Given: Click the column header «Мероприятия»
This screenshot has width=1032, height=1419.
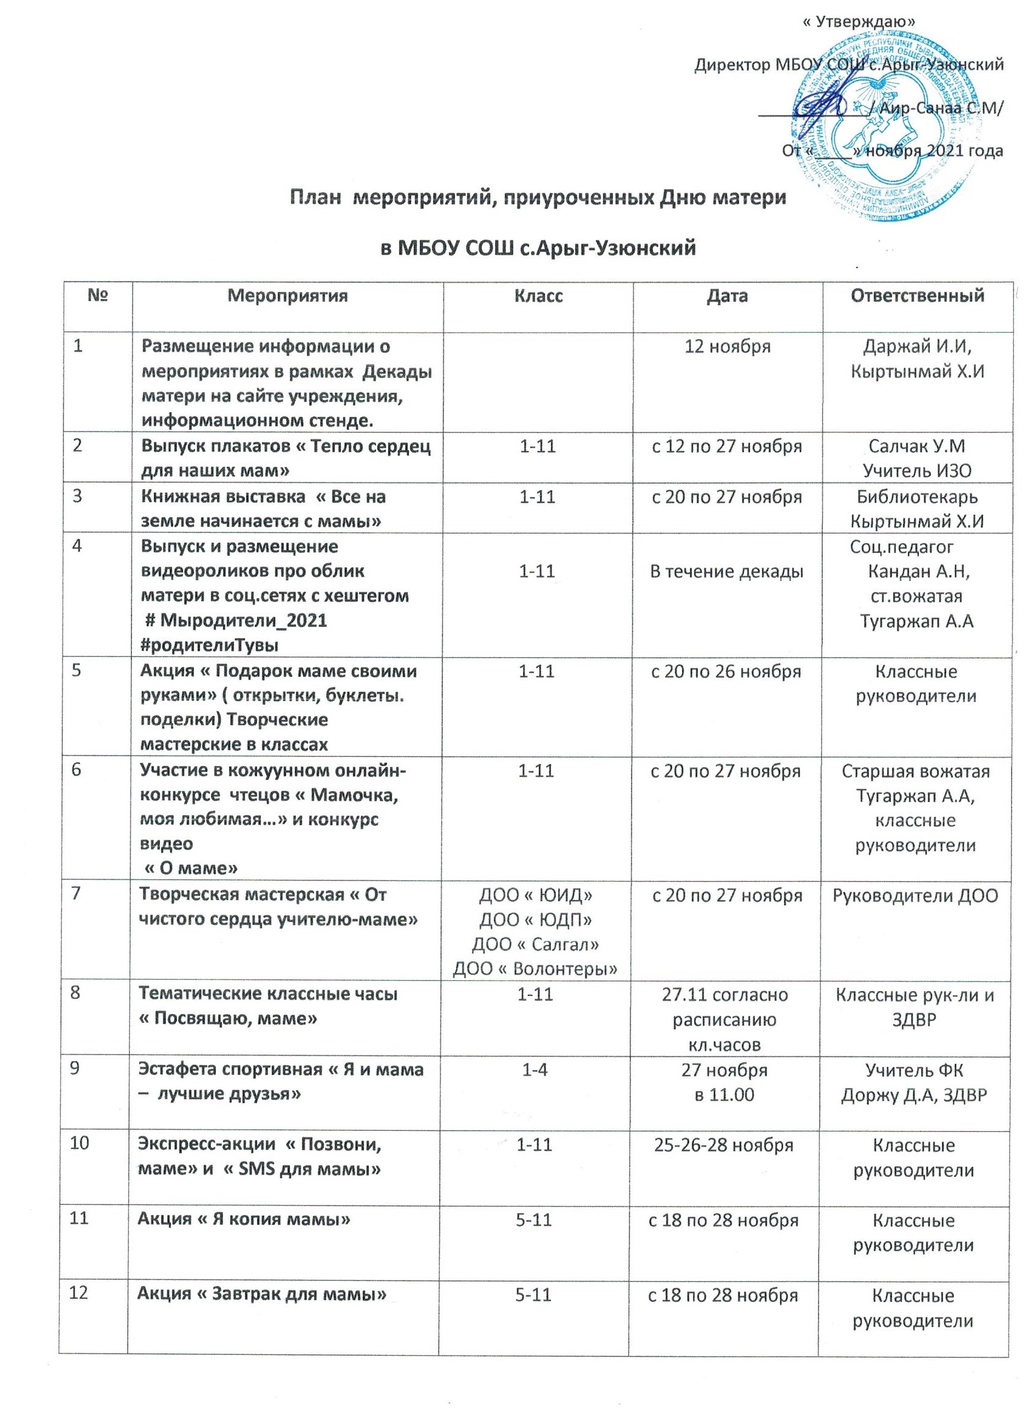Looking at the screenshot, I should click(x=287, y=296).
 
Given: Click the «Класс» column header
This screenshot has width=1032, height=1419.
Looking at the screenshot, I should click(x=538, y=296).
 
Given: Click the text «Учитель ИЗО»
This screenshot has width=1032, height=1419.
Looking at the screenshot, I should click(x=917, y=470).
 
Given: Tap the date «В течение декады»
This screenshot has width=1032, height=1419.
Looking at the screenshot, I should click(x=727, y=571).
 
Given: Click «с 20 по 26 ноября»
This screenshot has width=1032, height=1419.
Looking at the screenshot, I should click(x=727, y=671).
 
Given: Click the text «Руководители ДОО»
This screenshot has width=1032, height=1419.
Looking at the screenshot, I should click(x=915, y=895).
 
